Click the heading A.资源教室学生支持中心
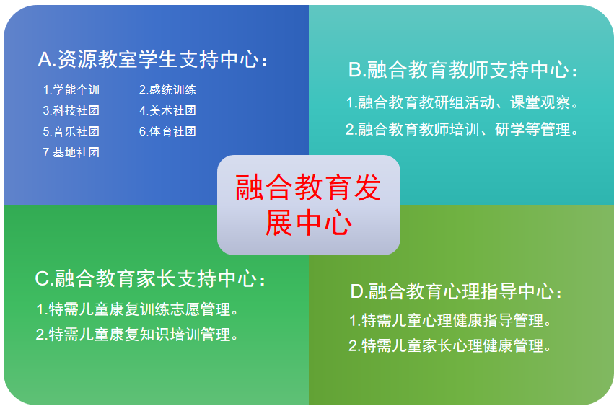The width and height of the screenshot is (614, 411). (x=153, y=60)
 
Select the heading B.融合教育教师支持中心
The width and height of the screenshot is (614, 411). (x=463, y=70)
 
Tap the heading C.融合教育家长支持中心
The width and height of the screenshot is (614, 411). (x=150, y=279)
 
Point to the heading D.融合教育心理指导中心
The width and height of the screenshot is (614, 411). (x=456, y=291)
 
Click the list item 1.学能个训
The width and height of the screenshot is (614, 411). (x=71, y=90)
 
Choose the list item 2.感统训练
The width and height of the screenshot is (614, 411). (x=167, y=90)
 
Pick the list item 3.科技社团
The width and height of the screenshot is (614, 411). (x=71, y=111)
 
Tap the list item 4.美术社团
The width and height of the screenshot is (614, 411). (x=167, y=111)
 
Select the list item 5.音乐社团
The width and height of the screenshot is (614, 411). (x=71, y=131)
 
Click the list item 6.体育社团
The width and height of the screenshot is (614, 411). (x=167, y=131)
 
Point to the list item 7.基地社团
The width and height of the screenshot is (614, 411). (x=71, y=152)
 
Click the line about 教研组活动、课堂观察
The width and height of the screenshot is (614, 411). (x=462, y=102)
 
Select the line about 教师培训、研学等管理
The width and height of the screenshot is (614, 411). (x=462, y=129)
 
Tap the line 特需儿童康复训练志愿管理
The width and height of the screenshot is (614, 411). (x=137, y=309)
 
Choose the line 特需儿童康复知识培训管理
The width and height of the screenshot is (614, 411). (x=137, y=335)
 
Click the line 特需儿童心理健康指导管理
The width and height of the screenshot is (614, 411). (x=450, y=321)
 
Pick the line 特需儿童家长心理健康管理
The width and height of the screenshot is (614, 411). (x=450, y=346)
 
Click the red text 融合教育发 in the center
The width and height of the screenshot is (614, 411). (x=308, y=187)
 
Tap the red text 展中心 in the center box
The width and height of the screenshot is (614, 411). (x=309, y=222)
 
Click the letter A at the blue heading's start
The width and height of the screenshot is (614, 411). (x=45, y=60)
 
